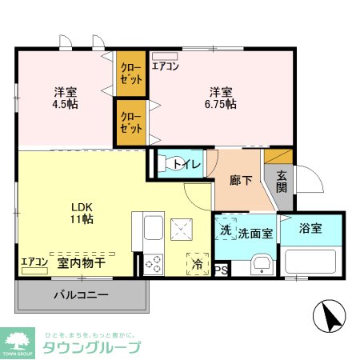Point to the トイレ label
[x=185, y=164]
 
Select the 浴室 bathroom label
[x=310, y=229]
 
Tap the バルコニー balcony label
[x=80, y=295]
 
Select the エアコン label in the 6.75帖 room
[x=165, y=66]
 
